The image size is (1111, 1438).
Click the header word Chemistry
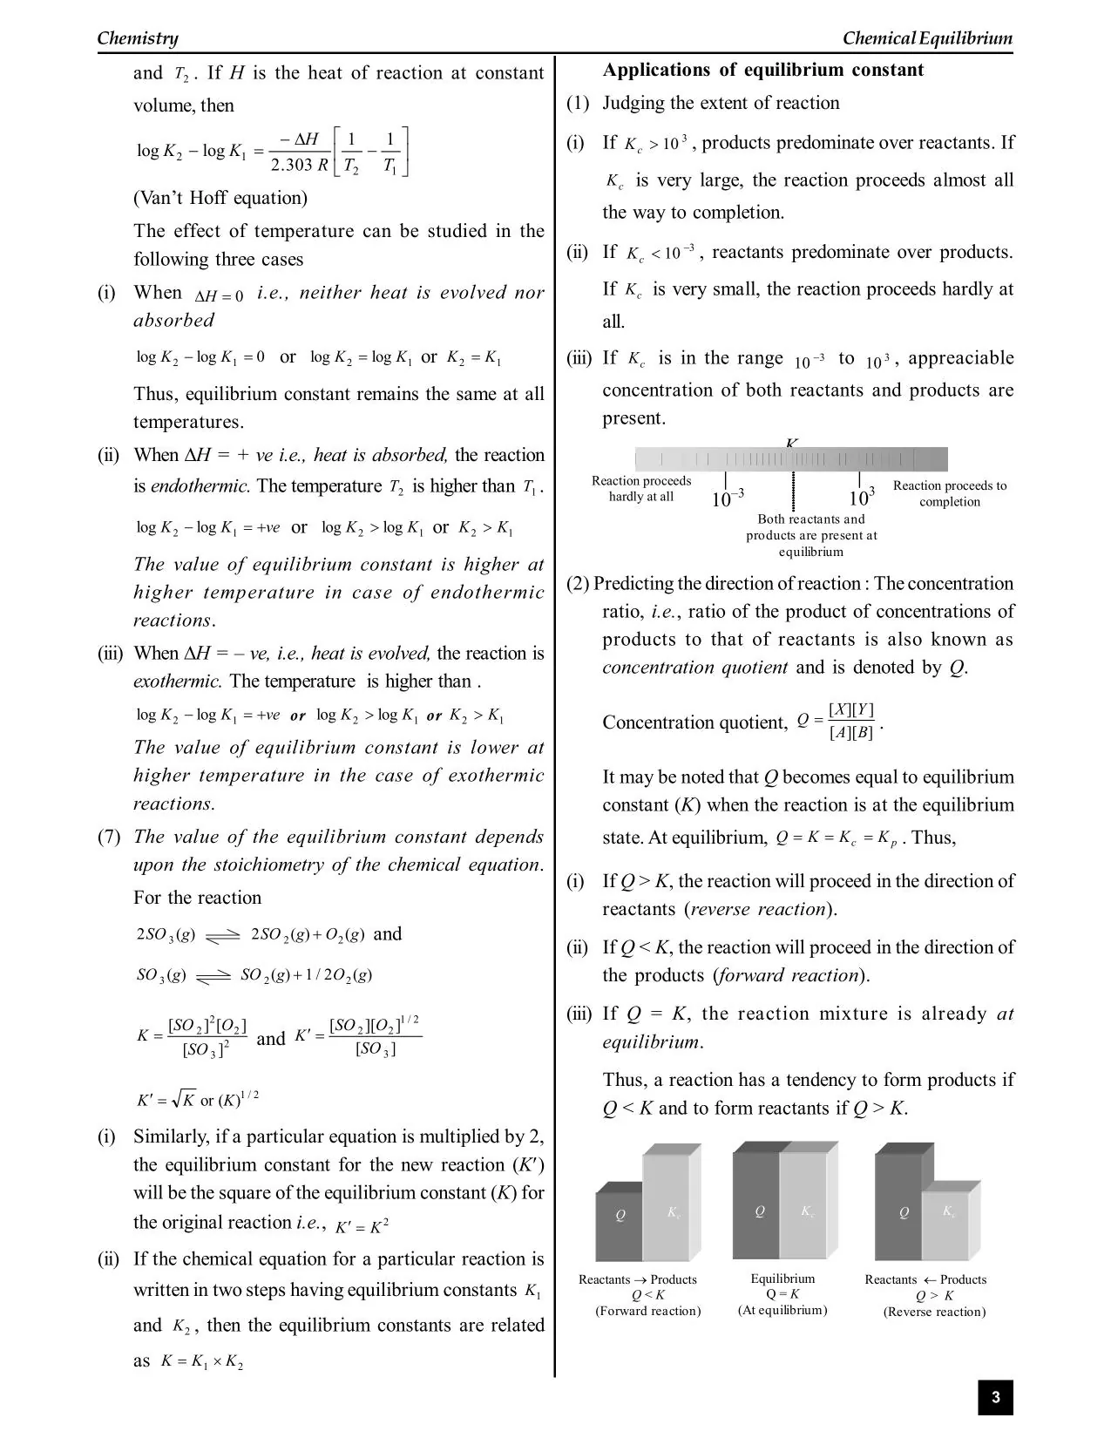(138, 37)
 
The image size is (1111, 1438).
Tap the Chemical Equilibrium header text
(927, 37)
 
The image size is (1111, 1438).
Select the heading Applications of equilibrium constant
(762, 70)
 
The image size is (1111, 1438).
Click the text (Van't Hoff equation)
(220, 198)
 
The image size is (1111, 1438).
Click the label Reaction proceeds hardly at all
(640, 488)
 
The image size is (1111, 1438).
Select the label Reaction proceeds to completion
(949, 493)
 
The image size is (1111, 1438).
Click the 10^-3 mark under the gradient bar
(727, 499)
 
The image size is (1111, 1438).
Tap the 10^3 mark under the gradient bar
(861, 498)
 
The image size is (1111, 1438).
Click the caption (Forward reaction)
(647, 1311)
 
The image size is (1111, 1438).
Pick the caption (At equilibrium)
(782, 1310)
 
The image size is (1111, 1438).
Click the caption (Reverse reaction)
(934, 1312)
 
